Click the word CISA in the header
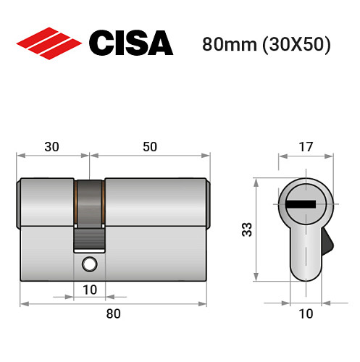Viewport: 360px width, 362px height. click(130, 43)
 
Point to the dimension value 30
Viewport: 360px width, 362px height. click(51, 146)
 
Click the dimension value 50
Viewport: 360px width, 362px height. click(149, 146)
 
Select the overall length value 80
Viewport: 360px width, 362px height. click(113, 313)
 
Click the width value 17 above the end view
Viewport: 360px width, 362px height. click(306, 146)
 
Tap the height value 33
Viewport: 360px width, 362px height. click(246, 230)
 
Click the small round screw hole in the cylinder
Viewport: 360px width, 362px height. click(89, 264)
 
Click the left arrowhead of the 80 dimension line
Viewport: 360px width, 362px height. click(22, 303)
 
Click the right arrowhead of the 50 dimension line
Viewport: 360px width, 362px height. click(209, 156)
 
